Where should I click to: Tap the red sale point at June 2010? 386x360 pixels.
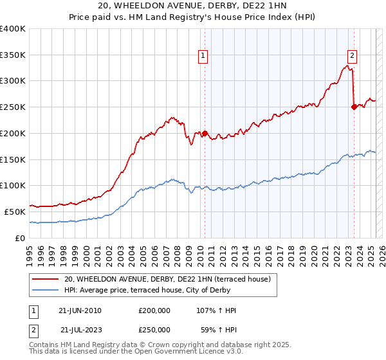pyautogui.click(x=205, y=134)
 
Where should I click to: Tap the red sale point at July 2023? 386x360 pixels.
pyautogui.click(x=354, y=107)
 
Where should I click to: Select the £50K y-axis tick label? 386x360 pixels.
pyautogui.click(x=15, y=212)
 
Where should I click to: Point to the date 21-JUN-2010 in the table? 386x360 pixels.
pyautogui.click(x=80, y=310)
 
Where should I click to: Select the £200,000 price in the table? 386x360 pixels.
pyautogui.click(x=154, y=310)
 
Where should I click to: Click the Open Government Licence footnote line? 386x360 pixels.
pyautogui.click(x=136, y=352)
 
